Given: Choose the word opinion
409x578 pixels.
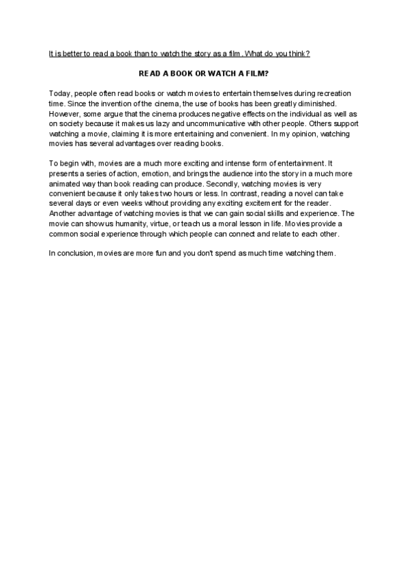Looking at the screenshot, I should pos(308,136).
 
